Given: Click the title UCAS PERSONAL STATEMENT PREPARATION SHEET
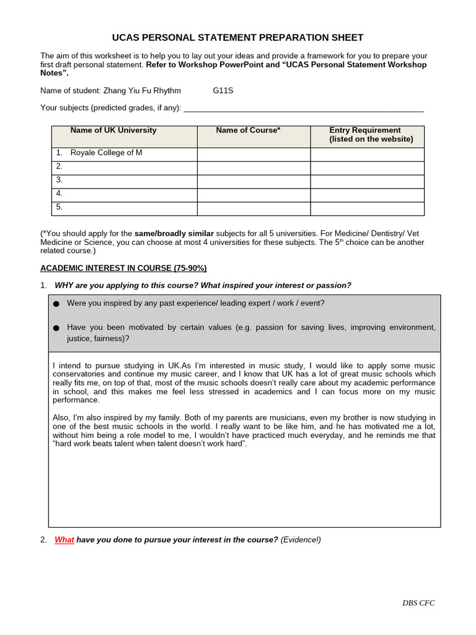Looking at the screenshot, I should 237,38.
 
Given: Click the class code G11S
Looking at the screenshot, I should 223,91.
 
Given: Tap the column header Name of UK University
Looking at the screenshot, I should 113,130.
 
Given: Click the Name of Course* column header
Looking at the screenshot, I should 248,130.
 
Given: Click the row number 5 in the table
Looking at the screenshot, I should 59,207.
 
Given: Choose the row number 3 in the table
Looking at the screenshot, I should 59,180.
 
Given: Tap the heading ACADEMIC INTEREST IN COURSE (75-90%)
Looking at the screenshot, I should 123,268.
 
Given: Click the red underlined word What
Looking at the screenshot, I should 64,540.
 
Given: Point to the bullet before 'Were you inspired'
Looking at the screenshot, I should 57,304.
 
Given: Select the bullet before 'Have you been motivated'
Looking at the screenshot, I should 57,328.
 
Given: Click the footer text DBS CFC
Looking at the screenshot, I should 418,603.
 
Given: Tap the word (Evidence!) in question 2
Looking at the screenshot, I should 301,540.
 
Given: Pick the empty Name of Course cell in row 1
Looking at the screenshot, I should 253,154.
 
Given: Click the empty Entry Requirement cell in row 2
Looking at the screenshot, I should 367,168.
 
